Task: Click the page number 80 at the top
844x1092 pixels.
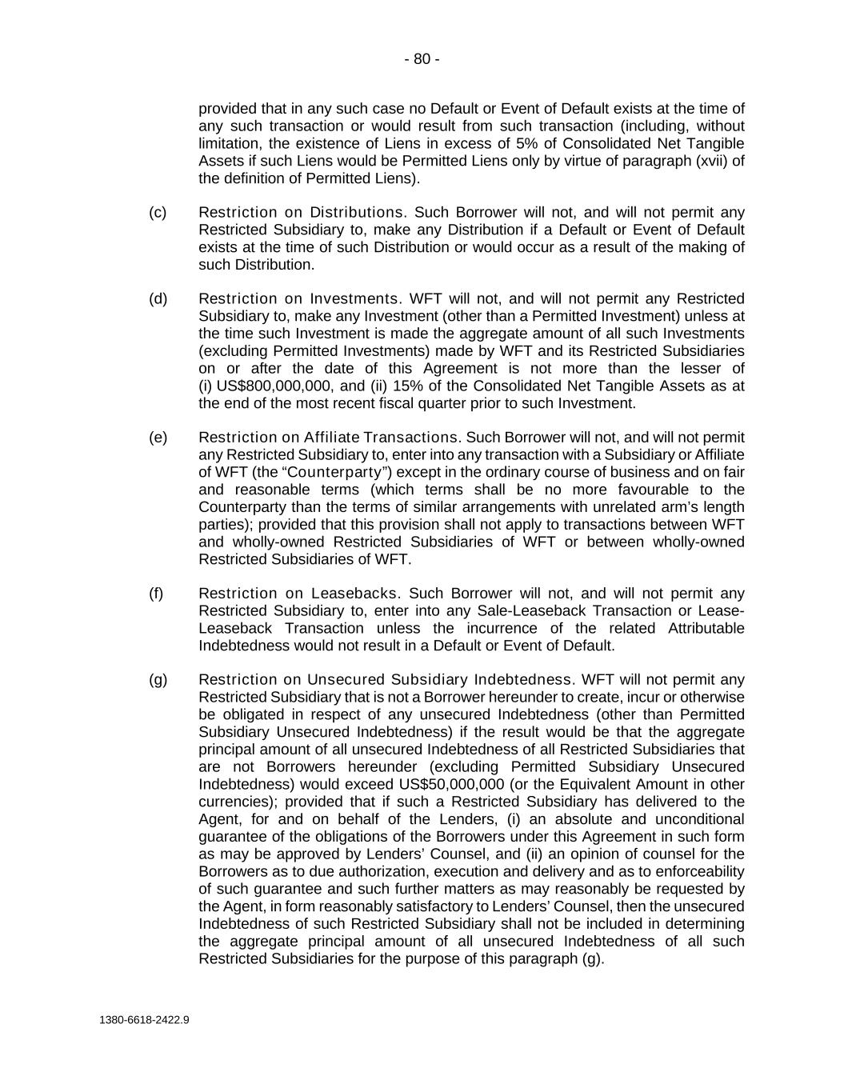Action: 422,59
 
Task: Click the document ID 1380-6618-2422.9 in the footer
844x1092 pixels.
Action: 145,1020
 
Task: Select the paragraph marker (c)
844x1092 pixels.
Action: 158,212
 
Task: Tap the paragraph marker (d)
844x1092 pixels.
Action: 158,298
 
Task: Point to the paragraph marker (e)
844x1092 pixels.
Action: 158,437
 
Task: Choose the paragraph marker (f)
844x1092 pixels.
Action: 156,593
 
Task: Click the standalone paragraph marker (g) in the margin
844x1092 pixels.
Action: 158,679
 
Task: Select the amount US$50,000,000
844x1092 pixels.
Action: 447,784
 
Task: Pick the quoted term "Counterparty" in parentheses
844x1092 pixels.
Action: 335,472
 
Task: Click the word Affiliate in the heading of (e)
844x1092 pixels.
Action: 330,437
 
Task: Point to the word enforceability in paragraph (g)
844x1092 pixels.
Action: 699,870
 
